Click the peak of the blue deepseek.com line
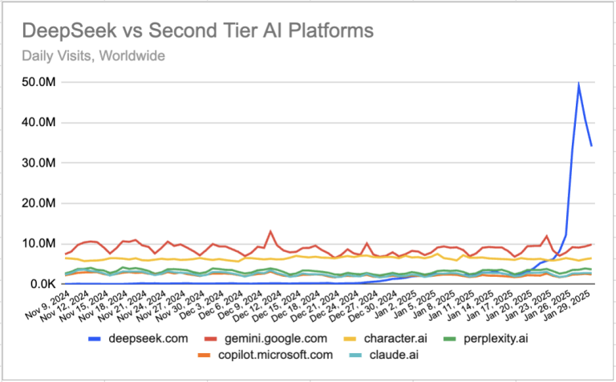[579, 84]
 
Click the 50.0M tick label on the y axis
[39, 82]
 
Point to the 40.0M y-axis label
[39, 122]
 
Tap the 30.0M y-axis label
[39, 162]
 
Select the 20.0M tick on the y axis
[39, 203]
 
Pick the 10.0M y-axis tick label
[39, 243]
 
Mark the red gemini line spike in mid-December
[270, 231]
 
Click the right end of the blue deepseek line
[592, 145]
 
